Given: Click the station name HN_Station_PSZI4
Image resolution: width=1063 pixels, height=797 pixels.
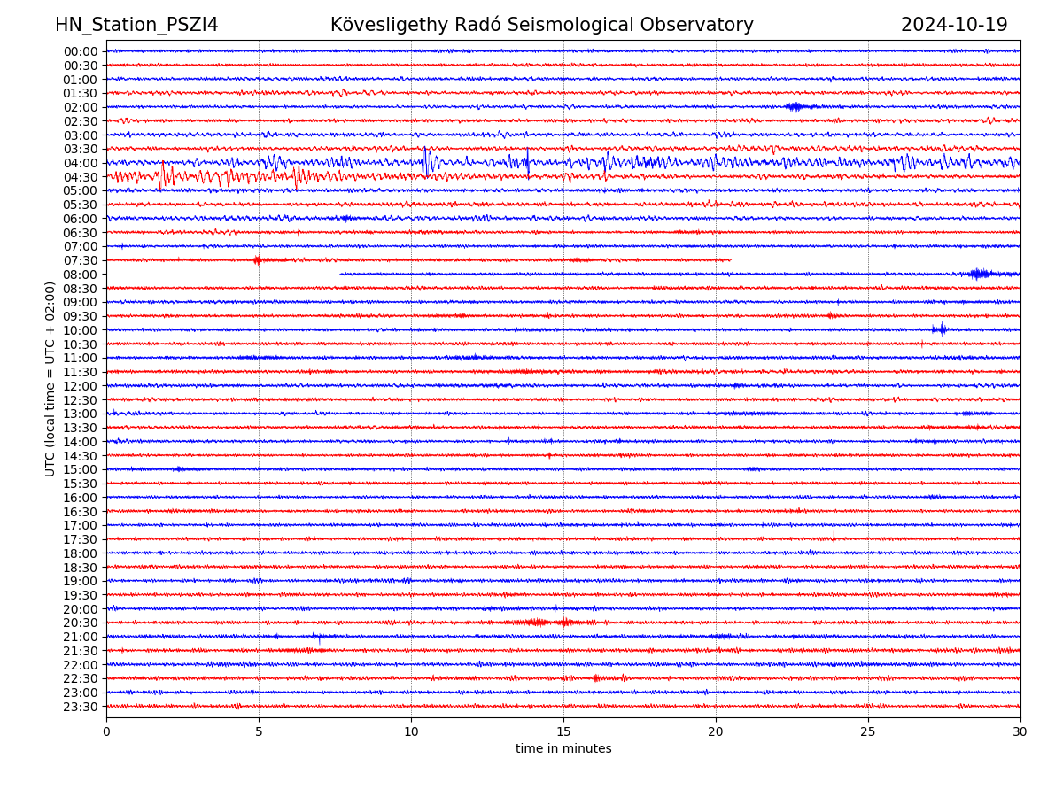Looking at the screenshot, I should point(136,25).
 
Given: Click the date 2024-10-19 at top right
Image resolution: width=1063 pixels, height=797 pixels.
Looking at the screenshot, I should point(954,25).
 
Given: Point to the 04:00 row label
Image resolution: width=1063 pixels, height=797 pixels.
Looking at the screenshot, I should point(81,163).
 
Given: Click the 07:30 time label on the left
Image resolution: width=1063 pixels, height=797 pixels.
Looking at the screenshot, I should point(81,260).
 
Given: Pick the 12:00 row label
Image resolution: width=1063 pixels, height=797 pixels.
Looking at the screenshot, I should point(81,386).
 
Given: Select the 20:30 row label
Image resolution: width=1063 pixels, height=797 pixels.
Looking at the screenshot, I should point(81,623).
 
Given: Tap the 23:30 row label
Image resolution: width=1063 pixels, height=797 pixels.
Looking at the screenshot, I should point(81,707).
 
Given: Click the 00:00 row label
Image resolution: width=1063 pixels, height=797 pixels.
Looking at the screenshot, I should point(81,51).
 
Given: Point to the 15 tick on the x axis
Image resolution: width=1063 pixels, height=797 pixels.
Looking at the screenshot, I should point(563,731).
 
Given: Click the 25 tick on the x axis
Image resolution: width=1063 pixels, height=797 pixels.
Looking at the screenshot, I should point(868,731).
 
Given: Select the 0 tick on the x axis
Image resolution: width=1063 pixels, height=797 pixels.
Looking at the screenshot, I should point(106,731).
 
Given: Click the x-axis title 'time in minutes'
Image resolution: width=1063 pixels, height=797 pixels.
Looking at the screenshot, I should point(563,748).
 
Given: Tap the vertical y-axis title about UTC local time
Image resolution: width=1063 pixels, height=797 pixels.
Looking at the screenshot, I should point(50,378).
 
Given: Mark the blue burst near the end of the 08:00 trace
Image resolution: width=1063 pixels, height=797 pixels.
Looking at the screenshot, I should point(979,274).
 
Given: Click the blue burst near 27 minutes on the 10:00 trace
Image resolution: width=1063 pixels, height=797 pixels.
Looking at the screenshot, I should point(940,329).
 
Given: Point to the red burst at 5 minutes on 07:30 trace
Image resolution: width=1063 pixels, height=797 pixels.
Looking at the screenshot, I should point(257,259).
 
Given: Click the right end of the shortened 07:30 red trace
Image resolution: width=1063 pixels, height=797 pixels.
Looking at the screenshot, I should point(731,259).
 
